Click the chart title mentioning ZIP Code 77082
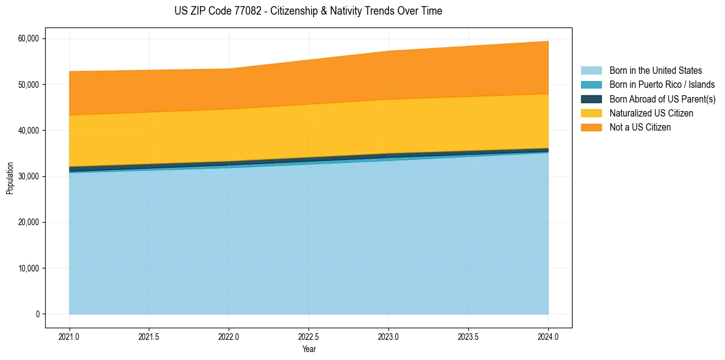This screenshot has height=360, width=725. coord(308,11)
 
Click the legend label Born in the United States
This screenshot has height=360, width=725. coord(655,71)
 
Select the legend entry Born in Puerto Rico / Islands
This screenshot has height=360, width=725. coord(662,85)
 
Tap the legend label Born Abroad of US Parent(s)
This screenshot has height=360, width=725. coord(662,99)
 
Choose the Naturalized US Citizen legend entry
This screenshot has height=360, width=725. coord(651,113)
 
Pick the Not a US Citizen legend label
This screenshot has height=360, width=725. coord(640,128)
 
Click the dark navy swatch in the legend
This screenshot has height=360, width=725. coord(591,99)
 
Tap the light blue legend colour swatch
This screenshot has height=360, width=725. coord(591,71)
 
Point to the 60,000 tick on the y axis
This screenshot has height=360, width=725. coord(29,38)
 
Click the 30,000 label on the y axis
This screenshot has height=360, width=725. coord(29,176)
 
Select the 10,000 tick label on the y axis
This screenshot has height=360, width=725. coord(29,268)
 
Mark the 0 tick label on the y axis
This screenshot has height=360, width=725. coord(37,314)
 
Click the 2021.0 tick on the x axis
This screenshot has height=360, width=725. coord(70,336)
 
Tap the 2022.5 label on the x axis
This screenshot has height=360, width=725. coord(309,336)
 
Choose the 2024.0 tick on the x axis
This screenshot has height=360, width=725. coord(548,336)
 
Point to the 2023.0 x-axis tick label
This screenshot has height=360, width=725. coord(388,336)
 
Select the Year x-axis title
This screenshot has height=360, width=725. coord(309,349)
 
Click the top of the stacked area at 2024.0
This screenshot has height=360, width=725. coord(548,41)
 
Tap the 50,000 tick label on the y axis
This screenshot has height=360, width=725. coord(29,84)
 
